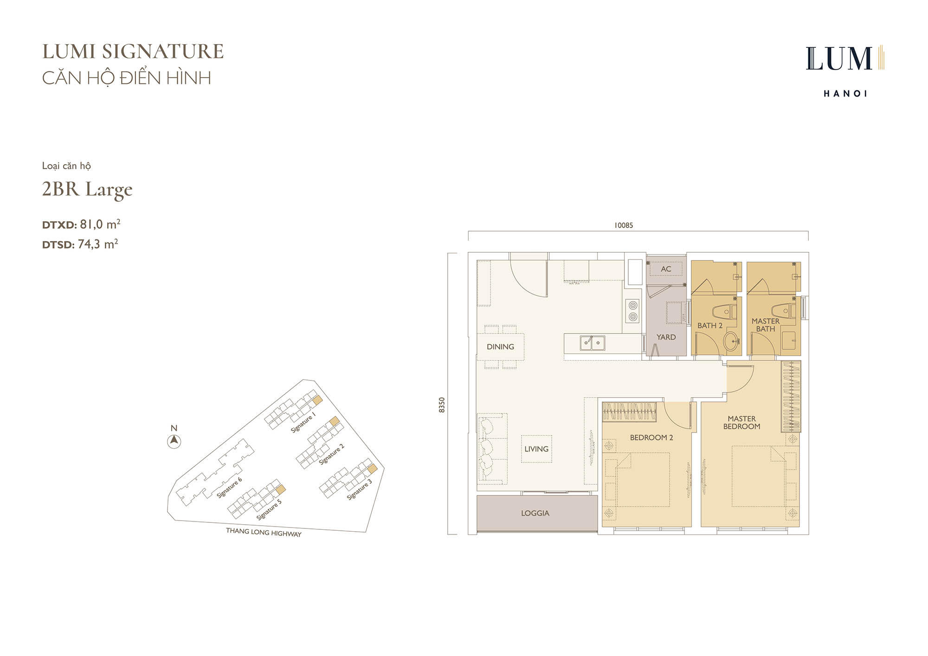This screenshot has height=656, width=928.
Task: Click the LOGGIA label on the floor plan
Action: coord(535,513)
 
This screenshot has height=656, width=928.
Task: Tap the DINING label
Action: coord(500,347)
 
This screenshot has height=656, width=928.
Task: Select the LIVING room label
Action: coord(536,449)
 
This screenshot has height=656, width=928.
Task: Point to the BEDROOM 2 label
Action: coord(651,437)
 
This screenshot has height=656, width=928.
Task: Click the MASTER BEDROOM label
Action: coord(741,423)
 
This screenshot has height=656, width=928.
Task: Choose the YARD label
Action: coord(666,337)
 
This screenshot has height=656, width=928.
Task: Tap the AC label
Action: coord(666,269)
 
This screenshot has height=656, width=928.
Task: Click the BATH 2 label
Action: coord(710,326)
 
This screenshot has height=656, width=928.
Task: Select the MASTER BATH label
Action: coord(766,325)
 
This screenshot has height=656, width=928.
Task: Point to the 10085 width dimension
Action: coord(624,225)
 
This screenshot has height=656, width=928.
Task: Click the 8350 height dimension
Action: coord(442,405)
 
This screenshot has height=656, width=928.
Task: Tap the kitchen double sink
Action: coord(593,343)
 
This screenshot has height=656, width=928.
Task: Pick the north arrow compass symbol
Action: coord(174,441)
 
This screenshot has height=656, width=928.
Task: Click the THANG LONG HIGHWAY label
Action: coord(264,532)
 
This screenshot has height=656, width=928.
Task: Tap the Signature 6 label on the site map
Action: coord(229,488)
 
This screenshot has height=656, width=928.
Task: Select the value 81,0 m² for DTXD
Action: coord(100,225)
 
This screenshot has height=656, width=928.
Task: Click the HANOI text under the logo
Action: coord(845,94)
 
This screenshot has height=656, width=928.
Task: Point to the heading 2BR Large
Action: coord(87,190)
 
